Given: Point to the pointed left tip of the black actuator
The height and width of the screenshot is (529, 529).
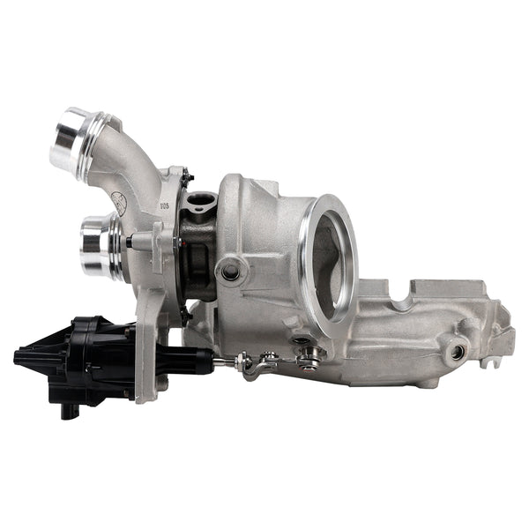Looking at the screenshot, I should (19, 356).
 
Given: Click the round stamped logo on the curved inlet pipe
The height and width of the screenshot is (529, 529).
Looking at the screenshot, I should (118, 203).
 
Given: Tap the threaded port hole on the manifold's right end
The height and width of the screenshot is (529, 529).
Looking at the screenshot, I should (457, 352).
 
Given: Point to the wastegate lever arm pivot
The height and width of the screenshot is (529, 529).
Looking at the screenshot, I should (308, 357).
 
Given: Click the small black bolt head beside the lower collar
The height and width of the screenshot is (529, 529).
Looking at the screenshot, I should (130, 241).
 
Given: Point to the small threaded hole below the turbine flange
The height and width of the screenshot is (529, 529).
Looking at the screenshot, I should (300, 342).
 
